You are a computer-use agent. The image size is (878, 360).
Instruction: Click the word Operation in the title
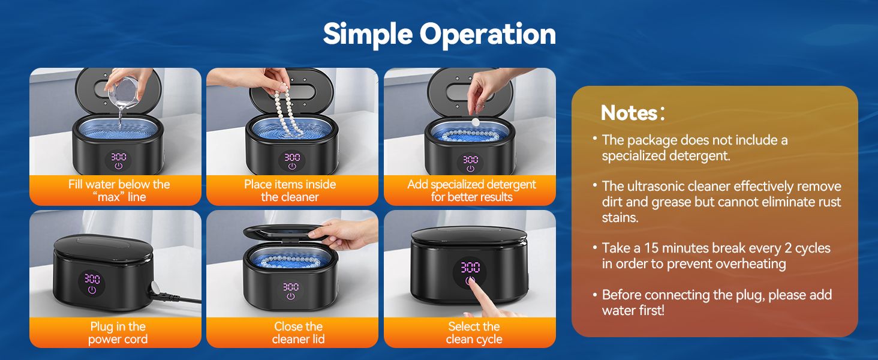tap(488, 35)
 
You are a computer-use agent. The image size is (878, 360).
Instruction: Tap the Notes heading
tap(629, 113)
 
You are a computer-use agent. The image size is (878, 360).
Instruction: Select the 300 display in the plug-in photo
tap(92, 279)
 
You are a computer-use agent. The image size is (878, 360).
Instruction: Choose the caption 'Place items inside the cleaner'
tap(290, 190)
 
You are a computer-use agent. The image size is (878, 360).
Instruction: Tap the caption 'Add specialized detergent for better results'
tap(471, 190)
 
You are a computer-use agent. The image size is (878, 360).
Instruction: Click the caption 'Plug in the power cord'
tap(118, 333)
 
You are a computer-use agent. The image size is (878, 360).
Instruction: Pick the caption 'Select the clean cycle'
tap(474, 333)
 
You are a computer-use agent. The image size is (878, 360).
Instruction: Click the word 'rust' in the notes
tap(827, 202)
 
